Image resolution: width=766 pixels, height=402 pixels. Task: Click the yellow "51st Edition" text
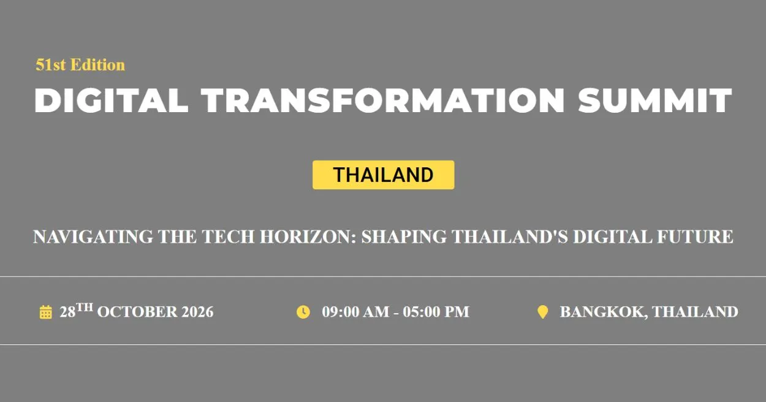point(80,65)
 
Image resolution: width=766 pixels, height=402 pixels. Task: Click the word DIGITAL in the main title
point(111,100)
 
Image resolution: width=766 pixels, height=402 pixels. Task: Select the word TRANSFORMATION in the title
point(383,100)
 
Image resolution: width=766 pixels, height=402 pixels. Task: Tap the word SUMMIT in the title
point(655,100)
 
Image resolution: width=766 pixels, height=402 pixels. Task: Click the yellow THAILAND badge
point(383,175)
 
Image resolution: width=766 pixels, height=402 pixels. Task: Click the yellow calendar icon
point(46,313)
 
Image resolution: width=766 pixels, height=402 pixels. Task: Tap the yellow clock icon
point(303,312)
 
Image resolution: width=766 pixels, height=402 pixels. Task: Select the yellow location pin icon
point(542,312)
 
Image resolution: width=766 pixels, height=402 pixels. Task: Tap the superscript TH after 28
point(85,308)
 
